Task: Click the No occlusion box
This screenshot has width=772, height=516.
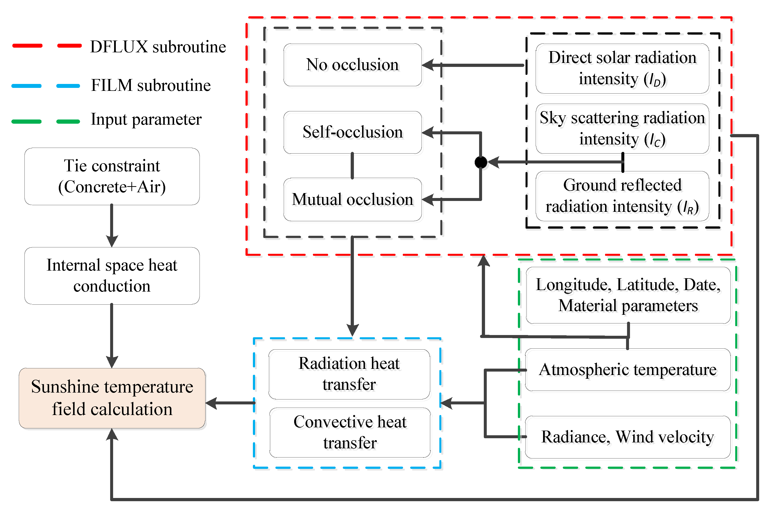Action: point(352,65)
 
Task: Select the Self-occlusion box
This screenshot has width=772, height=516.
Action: point(352,132)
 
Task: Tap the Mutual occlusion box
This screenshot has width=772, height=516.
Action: point(352,200)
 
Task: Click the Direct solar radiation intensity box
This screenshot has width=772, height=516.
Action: point(622,68)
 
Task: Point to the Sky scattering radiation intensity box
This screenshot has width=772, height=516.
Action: point(622,129)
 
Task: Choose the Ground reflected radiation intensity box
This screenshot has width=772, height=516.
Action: point(622,196)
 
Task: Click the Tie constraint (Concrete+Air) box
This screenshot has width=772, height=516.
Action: point(112,176)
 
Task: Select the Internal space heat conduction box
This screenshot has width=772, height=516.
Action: point(112,276)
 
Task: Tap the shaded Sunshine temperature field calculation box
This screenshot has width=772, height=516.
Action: point(112,398)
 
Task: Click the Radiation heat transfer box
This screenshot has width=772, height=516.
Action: point(349,374)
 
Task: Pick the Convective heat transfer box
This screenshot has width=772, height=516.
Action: point(350,432)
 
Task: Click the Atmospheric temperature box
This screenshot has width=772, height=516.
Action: point(628,370)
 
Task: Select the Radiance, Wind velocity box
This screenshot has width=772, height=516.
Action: point(628,437)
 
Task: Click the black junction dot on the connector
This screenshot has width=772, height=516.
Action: point(481,162)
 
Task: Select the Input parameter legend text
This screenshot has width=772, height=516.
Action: point(146,119)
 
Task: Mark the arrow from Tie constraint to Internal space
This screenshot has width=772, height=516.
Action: point(112,227)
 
